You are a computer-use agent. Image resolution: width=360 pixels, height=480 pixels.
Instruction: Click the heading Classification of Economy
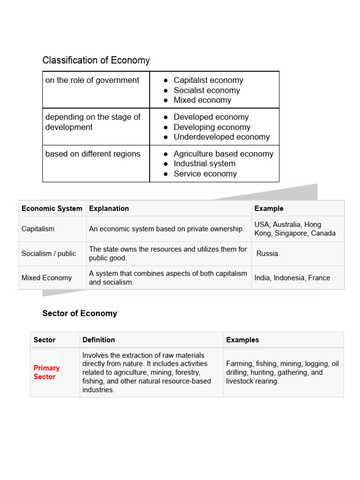coord(96,60)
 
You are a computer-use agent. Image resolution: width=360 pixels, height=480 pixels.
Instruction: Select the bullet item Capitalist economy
coord(208,80)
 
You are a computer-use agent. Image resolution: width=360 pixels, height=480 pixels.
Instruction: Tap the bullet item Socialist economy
coord(206,90)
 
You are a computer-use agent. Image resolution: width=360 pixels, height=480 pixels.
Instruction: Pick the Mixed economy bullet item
coord(202,100)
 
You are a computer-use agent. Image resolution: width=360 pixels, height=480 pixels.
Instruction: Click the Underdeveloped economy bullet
coord(221,137)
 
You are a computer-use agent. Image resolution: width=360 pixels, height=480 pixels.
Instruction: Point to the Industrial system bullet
coord(204,164)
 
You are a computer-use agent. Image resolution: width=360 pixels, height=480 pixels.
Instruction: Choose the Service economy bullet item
coord(205,174)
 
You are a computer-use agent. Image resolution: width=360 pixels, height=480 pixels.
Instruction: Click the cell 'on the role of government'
coord(92,80)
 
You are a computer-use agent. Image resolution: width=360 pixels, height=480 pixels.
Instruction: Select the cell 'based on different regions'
coord(93,154)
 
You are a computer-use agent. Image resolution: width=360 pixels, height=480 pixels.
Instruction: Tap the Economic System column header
coord(52,209)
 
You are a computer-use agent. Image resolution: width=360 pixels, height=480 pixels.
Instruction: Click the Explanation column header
coord(109,209)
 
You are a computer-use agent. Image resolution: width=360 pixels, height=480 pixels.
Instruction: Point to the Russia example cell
coord(267,254)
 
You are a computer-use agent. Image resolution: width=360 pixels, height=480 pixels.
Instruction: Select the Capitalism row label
coord(38,229)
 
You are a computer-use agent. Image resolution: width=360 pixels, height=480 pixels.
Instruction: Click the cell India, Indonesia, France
coord(292,278)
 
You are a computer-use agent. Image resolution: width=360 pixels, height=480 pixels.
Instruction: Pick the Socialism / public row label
coord(49,254)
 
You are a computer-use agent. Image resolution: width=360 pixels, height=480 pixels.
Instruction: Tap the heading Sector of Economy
coord(80,314)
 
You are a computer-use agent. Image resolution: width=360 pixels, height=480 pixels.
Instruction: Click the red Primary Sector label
coord(46,373)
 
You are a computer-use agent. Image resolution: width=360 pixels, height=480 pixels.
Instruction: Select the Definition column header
coord(98,340)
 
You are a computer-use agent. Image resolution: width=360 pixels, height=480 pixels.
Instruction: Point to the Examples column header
coord(242,340)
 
